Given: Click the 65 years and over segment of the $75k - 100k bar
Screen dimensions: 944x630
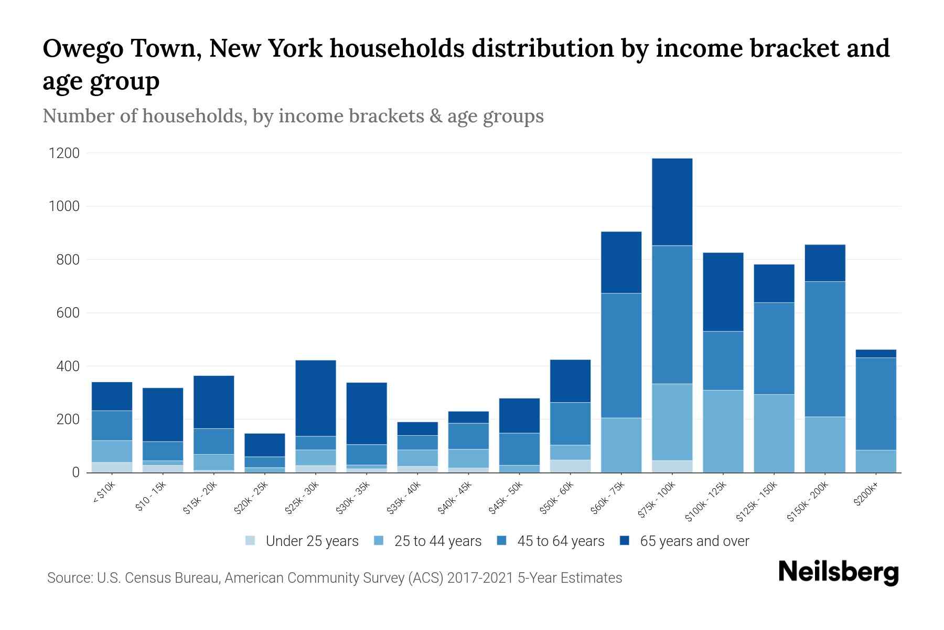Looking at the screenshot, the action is pos(672,202).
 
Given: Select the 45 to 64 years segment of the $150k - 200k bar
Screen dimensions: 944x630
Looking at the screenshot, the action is pos(825,349).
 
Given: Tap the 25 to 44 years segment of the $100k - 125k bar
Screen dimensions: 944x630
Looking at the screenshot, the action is pos(723,431).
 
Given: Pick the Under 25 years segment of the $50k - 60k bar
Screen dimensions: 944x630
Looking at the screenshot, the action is pos(570,466).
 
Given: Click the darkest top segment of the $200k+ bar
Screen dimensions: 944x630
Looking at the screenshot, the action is pos(875,353).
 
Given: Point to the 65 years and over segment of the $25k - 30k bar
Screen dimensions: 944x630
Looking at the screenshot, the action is pos(316,398).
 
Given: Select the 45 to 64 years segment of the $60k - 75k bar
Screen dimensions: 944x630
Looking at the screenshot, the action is pos(621,355).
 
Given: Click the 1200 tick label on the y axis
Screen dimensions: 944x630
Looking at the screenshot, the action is pos(64,153).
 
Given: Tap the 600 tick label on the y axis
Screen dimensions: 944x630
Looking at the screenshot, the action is pos(68,313).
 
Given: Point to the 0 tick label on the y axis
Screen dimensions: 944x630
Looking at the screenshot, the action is pos(76,472).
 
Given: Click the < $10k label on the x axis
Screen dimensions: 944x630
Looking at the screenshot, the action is pos(104,493).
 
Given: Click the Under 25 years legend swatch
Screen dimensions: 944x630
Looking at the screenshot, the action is pos(251,541).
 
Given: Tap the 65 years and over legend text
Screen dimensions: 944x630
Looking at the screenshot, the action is pos(694,541).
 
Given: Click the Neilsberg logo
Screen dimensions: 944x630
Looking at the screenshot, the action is pos(838,572).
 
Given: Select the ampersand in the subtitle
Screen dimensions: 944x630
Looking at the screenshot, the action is pos(435,116).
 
